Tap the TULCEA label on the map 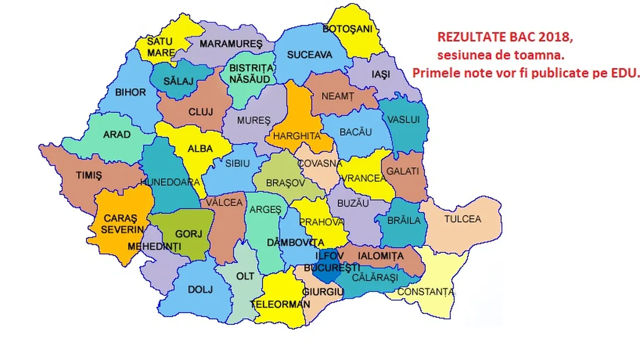tap(462, 219)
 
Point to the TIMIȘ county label tap(89, 176)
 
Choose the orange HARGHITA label tap(297, 136)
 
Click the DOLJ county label tap(200, 290)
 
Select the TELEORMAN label tap(280, 305)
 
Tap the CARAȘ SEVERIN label tap(121, 224)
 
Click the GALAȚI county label tap(403, 172)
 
